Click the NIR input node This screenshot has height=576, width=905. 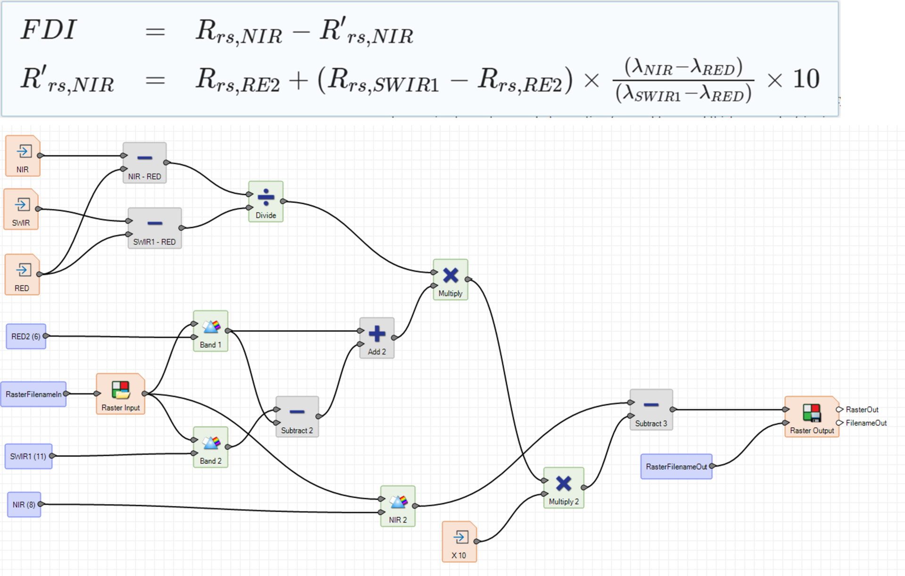tap(23, 156)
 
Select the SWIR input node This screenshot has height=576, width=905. tap(21, 209)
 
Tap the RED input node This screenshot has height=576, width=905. tap(22, 274)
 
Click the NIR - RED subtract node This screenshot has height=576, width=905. tap(145, 163)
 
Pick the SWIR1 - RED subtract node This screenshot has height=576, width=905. tap(155, 228)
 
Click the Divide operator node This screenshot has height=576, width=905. tap(266, 201)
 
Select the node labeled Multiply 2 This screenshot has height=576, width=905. tap(564, 488)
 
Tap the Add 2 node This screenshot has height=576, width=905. tap(377, 338)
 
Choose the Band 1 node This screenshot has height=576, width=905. tap(211, 331)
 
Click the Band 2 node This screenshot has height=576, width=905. tap(211, 447)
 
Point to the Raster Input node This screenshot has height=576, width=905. tap(121, 394)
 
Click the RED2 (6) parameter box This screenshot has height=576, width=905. tap(26, 336)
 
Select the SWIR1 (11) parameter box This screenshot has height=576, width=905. tap(28, 456)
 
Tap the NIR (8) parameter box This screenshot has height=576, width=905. tap(24, 504)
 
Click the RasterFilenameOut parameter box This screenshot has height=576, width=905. tap(676, 467)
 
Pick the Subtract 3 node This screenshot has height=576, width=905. tap(651, 410)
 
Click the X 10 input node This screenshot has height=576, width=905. tap(460, 542)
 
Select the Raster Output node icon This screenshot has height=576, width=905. tap(812, 413)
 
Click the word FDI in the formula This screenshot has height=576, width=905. tap(48, 30)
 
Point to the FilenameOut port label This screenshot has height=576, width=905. tap(866, 423)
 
